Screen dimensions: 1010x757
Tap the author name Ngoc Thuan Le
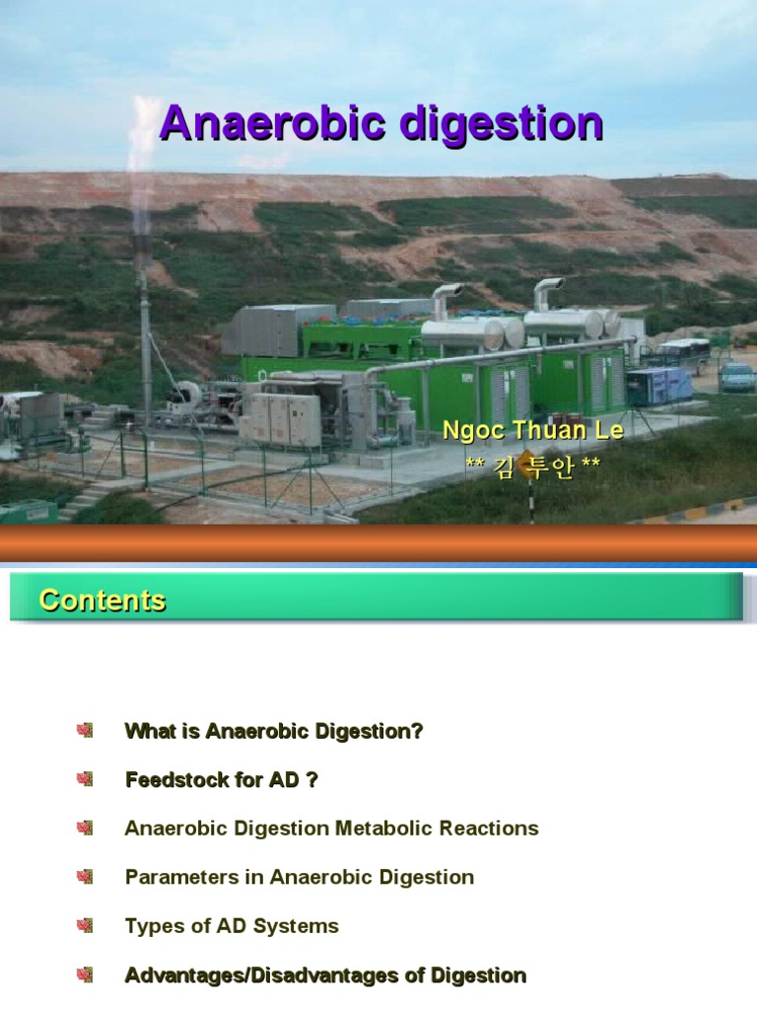click(x=532, y=432)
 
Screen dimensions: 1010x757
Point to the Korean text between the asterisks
click(x=532, y=468)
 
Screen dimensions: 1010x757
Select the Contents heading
click(x=103, y=601)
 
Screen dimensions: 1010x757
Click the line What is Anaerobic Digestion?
click(x=274, y=732)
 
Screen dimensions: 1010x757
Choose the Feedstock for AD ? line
click(x=222, y=780)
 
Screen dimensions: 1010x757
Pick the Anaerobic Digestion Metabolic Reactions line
click(x=331, y=829)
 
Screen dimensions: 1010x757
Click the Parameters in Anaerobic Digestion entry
click(x=300, y=877)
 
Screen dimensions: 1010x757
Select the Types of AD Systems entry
click(x=232, y=926)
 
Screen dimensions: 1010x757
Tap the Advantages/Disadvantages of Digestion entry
click(x=325, y=975)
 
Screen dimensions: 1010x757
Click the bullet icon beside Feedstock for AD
click(x=85, y=780)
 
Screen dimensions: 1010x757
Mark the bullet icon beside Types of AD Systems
click(x=85, y=926)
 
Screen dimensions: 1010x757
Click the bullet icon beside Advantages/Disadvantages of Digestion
click(x=85, y=975)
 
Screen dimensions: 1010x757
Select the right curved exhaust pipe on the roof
click(x=547, y=292)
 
